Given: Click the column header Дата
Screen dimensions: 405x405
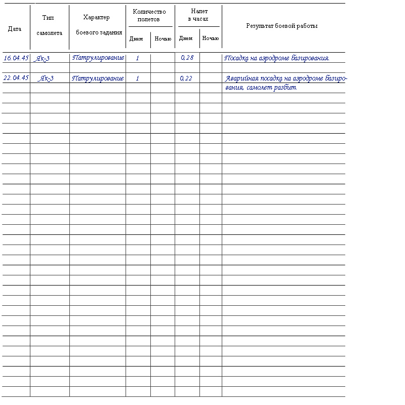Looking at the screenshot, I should point(15,29).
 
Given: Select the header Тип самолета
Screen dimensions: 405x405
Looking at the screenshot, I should point(49,25).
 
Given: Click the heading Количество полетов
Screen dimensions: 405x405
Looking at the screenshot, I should point(149,15).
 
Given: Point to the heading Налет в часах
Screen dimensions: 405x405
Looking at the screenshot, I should point(199,15).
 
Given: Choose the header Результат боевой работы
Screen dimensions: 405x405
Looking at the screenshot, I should point(282,26).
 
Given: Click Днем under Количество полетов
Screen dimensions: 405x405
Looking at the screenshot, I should point(136,39).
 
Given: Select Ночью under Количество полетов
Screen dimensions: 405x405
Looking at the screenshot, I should point(163,39).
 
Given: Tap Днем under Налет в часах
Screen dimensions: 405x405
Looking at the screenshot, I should point(186,38).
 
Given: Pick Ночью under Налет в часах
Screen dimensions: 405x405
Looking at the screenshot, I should point(210,38).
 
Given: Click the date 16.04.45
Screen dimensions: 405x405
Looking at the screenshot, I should point(16,58).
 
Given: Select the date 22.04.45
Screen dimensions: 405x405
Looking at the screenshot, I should point(16,78).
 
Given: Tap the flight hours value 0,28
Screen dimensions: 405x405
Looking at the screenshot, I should point(187,58).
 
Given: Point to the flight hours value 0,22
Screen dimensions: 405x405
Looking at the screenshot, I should point(186,78).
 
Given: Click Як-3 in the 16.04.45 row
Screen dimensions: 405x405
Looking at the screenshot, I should point(42,58).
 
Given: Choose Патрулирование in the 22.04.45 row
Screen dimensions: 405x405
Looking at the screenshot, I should point(98,78).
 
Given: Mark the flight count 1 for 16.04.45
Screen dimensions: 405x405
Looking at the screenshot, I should point(137,58).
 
